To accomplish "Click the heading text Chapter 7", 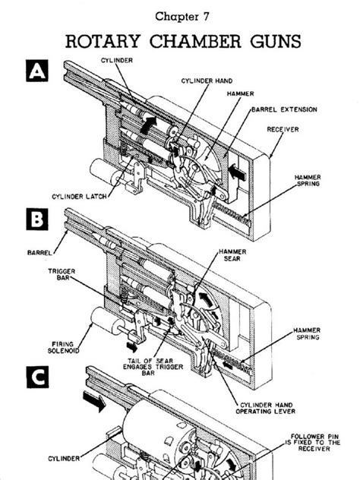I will [181, 15].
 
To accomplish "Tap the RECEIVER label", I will [283, 130].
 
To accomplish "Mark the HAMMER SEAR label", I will [232, 255].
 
